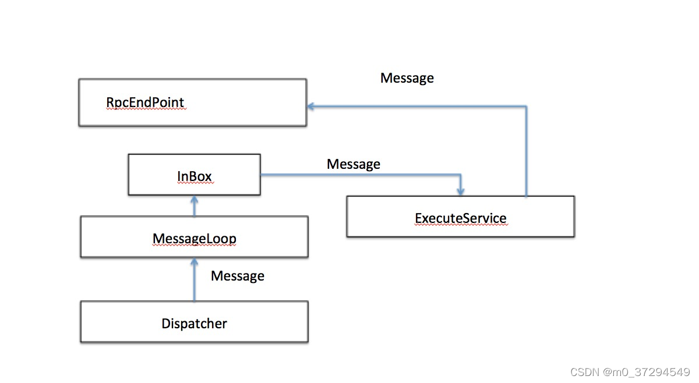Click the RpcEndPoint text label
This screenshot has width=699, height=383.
pyautogui.click(x=145, y=103)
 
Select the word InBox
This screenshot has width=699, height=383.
pyautogui.click(x=195, y=175)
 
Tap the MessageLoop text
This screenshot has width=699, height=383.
pyautogui.click(x=194, y=238)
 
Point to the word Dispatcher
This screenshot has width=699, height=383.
pyautogui.click(x=194, y=323)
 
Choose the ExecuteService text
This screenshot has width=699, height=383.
pyautogui.click(x=460, y=218)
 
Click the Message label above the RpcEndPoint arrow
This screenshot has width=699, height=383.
pyautogui.click(x=407, y=78)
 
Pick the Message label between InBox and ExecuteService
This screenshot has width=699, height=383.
pyautogui.click(x=353, y=165)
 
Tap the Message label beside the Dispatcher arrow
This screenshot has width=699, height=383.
pyautogui.click(x=237, y=276)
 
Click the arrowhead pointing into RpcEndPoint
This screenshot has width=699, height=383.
pyautogui.click(x=311, y=107)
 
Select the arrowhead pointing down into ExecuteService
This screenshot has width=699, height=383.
pyautogui.click(x=461, y=191)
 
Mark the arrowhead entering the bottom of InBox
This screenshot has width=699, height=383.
pyautogui.click(x=194, y=199)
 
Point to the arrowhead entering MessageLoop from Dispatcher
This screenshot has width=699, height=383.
pyautogui.click(x=194, y=261)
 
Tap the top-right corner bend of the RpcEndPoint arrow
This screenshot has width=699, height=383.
pyautogui.click(x=527, y=107)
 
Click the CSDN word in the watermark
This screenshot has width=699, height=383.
pyautogui.click(x=582, y=371)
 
